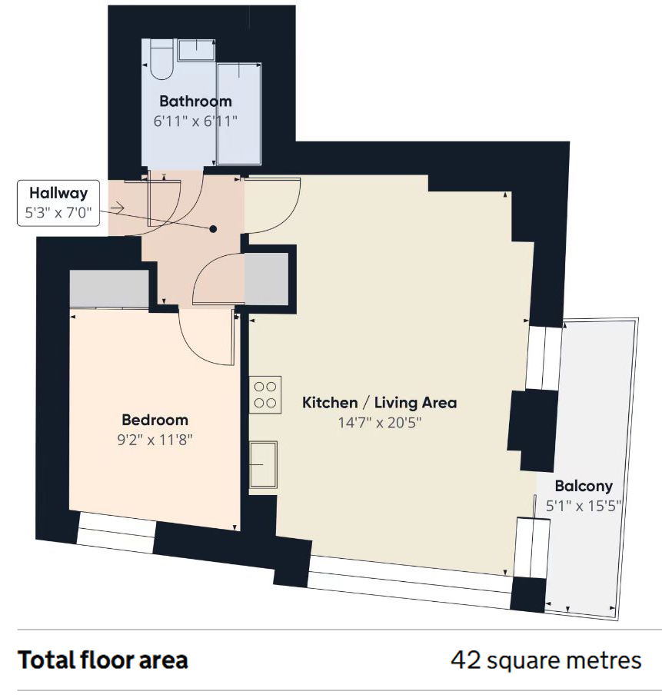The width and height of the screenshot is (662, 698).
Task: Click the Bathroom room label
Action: pyautogui.click(x=195, y=101)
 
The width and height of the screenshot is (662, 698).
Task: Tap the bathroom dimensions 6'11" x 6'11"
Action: pyautogui.click(x=195, y=121)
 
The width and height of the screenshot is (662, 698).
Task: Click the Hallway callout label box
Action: pyautogui.click(x=58, y=203)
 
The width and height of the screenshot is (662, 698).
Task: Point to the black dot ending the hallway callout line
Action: pyautogui.click(x=213, y=229)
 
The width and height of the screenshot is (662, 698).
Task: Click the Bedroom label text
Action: pyautogui.click(x=155, y=420)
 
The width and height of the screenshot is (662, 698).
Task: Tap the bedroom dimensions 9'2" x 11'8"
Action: pyautogui.click(x=155, y=440)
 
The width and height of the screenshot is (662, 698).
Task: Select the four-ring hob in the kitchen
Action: pyautogui.click(x=265, y=395)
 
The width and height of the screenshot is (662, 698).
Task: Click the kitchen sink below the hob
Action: pyautogui.click(x=263, y=464)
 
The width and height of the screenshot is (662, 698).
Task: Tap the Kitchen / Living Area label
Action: pyautogui.click(x=380, y=402)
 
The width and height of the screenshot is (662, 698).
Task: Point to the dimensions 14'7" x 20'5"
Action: pyautogui.click(x=380, y=423)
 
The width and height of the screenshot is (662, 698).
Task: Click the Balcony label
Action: pyautogui.click(x=584, y=486)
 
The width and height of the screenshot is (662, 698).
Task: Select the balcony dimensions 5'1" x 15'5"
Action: pyautogui.click(x=584, y=506)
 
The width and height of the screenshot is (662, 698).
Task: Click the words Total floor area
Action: pyautogui.click(x=103, y=660)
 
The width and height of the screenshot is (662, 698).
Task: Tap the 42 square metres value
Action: pyautogui.click(x=546, y=660)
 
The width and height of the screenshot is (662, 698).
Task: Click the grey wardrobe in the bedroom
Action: pyautogui.click(x=109, y=288)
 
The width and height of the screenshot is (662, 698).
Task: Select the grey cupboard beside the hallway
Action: pyautogui.click(x=266, y=279)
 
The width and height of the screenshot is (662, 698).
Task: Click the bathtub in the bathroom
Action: pyautogui.click(x=238, y=114)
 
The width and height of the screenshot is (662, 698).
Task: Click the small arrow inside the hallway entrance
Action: pyautogui.click(x=118, y=208)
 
